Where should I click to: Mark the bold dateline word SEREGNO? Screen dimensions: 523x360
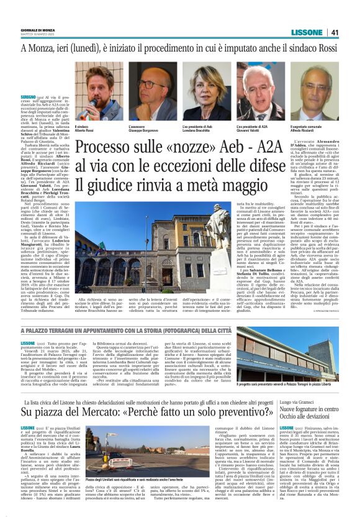[x=29, y=98]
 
